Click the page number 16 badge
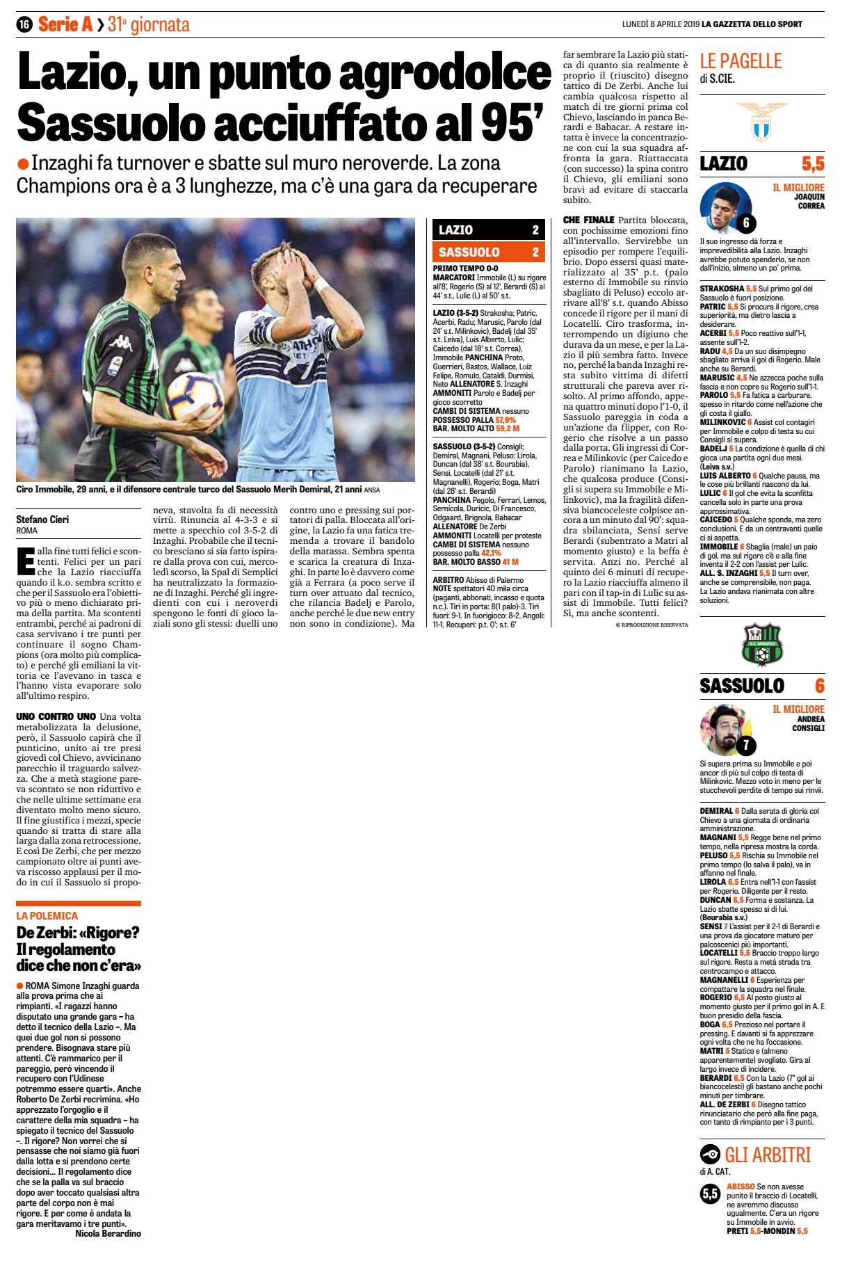[24, 24]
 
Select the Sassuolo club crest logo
[762, 645]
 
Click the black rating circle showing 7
[745, 745]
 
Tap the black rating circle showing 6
[745, 223]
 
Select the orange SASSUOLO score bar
[487, 252]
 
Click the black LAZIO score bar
[487, 230]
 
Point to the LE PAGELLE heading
[741, 61]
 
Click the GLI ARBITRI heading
[768, 1155]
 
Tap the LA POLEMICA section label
[47, 916]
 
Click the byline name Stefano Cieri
[42, 520]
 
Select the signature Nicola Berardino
[108, 1233]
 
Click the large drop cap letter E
[25, 562]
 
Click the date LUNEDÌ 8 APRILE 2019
[660, 24]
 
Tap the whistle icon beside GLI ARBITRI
[710, 1155]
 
